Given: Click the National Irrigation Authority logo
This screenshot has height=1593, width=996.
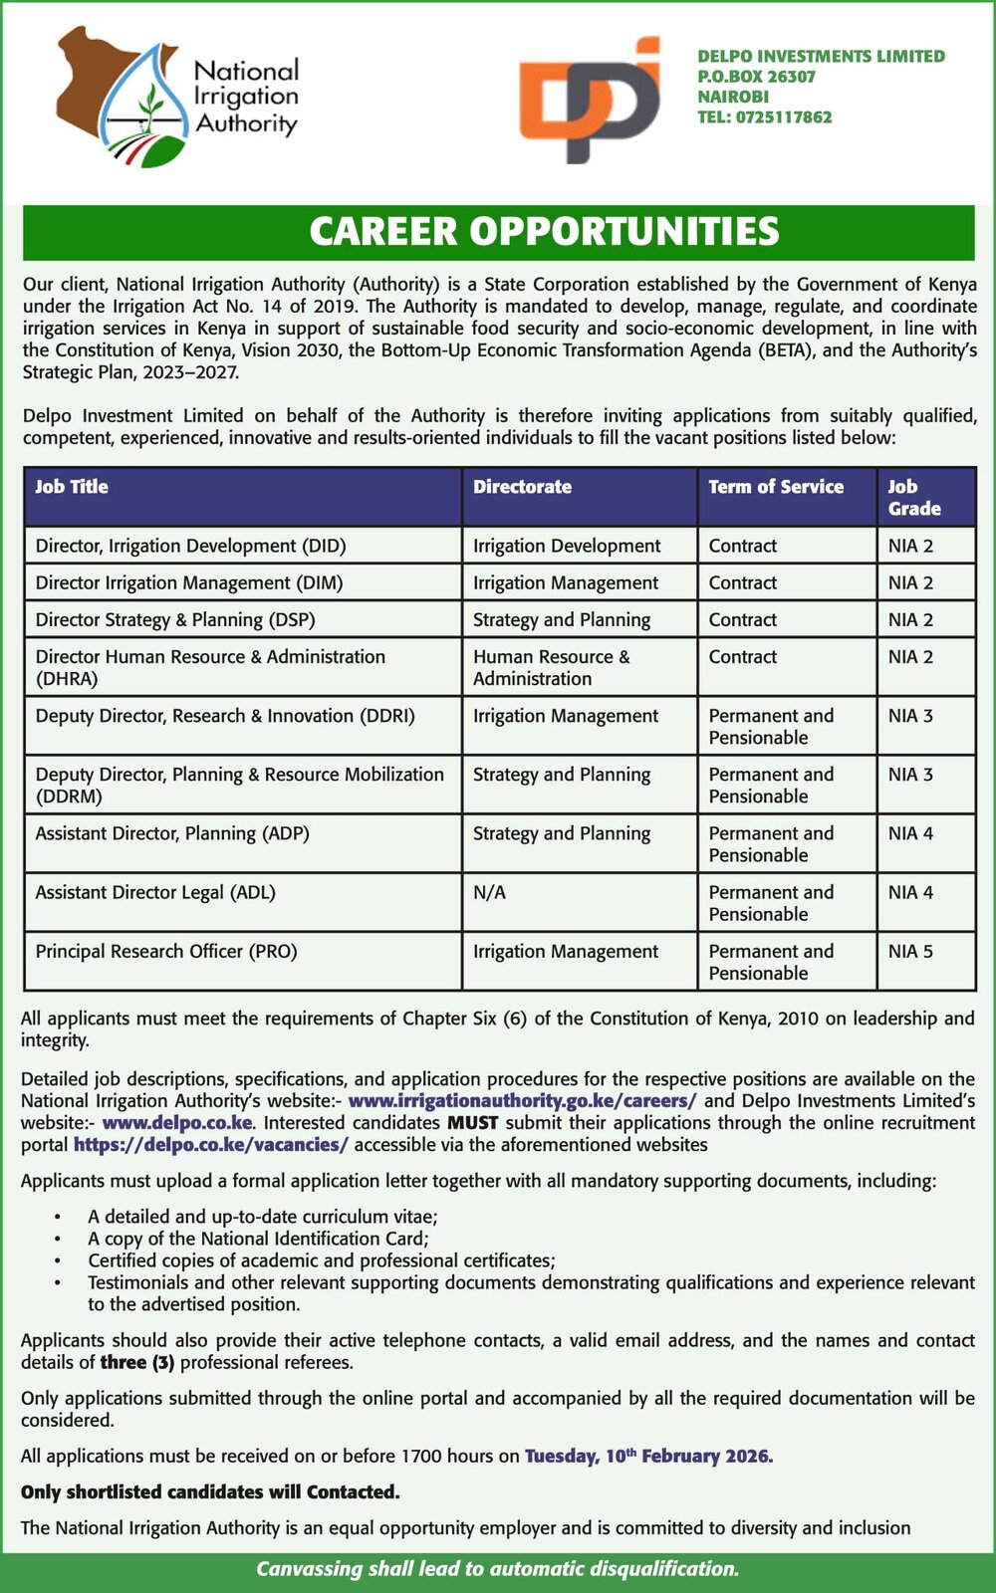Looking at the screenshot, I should coord(177,98).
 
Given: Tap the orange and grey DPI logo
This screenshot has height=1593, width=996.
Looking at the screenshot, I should coord(589,100).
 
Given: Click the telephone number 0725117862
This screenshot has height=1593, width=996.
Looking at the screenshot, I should coord(764,116).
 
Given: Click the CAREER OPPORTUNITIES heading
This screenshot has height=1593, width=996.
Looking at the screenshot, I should coord(544,232).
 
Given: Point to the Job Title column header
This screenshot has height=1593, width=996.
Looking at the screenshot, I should coord(72,487).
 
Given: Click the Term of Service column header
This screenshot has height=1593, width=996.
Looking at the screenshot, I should coord(775,487).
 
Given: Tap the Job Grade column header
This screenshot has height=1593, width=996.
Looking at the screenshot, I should coord(913,497).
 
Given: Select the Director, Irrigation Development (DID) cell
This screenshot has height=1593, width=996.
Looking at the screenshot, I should coord(190,546).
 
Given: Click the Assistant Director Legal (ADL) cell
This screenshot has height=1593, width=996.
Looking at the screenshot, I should coord(155,892).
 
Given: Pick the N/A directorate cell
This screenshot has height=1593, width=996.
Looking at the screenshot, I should coord(489,892).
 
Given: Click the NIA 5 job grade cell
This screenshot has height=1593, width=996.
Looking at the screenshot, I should coord(910,951).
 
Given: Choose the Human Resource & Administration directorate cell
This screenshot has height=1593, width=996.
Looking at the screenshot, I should coord(551,667).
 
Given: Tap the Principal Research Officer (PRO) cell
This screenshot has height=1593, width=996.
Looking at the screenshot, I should coord(166,951).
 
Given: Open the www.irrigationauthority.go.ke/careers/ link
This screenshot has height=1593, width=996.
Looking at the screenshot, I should coord(522,1100).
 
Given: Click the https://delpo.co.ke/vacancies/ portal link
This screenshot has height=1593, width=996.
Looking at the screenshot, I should coord(210,1144).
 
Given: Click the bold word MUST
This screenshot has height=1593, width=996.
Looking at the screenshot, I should coord(472,1122).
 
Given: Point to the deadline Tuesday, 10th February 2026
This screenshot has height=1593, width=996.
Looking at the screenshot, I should coord(648,1456).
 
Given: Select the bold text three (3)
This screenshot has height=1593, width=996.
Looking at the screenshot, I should coord(136,1362).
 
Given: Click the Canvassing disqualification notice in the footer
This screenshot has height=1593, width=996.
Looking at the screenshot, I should coord(498,1569).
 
